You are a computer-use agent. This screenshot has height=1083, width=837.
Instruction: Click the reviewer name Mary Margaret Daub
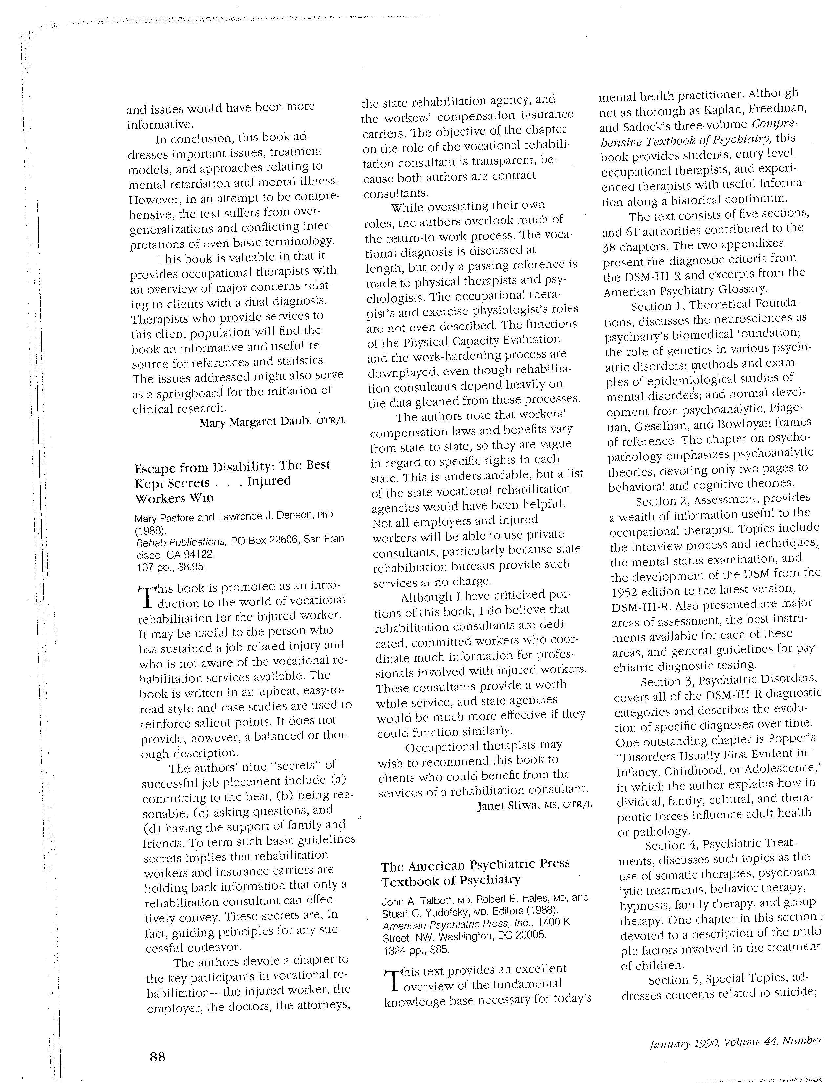click(255, 422)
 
